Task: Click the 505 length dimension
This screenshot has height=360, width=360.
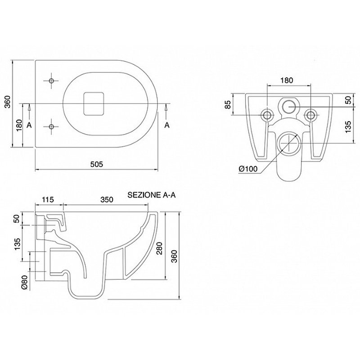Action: click(x=96, y=164)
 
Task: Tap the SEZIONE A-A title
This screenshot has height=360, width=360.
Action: click(x=152, y=195)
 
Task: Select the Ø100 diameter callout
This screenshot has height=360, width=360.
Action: click(x=248, y=169)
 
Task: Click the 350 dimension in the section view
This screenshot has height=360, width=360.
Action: click(x=107, y=199)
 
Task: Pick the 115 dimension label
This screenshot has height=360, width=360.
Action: click(x=48, y=199)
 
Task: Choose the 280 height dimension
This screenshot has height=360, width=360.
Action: click(x=159, y=248)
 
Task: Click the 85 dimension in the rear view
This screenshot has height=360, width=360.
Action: click(x=229, y=104)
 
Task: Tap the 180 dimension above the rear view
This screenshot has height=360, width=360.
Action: click(x=287, y=81)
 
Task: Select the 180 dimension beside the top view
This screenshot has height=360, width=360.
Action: click(x=19, y=126)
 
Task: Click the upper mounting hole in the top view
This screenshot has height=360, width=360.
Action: click(x=51, y=81)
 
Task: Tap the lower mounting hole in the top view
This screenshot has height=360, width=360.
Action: click(x=51, y=126)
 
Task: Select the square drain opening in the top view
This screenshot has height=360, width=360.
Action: click(x=94, y=103)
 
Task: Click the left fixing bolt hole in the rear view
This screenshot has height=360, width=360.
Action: click(x=267, y=115)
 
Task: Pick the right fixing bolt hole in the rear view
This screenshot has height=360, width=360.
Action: click(x=310, y=115)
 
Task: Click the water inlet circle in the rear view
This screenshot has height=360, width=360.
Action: click(x=288, y=107)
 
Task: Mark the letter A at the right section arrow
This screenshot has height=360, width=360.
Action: click(x=167, y=125)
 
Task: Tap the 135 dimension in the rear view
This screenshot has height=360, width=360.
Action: click(x=348, y=126)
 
